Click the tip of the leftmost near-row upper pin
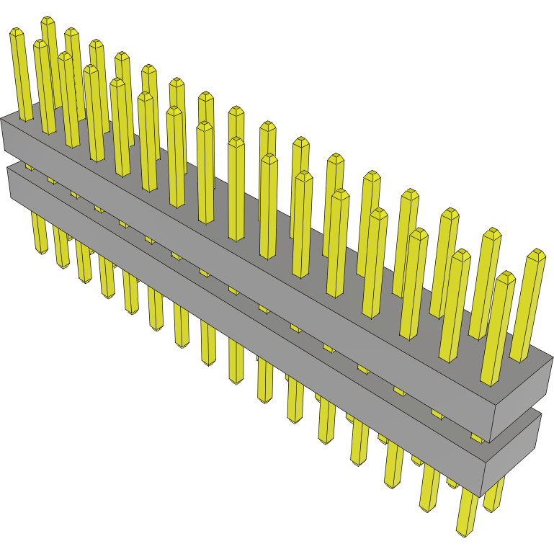point(17,32)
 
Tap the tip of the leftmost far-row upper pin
point(48,19)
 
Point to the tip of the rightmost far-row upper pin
point(536,253)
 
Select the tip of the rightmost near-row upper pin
point(506,275)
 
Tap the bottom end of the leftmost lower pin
point(40,250)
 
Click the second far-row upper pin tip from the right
point(492,233)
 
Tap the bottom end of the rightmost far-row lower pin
point(493,508)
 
